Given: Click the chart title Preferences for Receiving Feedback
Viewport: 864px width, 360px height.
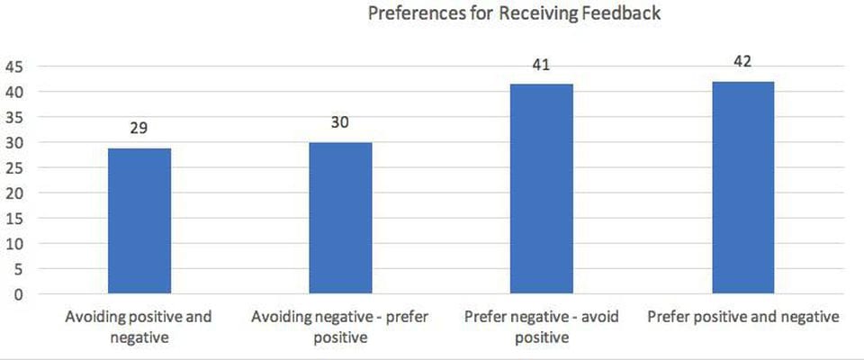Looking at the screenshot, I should click(x=514, y=14).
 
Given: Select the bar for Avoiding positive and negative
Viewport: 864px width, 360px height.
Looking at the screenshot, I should click(x=139, y=220).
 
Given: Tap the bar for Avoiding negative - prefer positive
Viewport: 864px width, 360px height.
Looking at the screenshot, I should click(x=340, y=218).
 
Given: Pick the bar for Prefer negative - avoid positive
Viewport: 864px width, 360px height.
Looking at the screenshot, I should click(x=542, y=189).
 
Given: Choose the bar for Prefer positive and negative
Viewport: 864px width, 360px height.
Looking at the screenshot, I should click(x=743, y=187).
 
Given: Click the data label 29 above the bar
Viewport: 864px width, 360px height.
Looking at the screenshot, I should click(x=139, y=128).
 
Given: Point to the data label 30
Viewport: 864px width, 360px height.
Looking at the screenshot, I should click(x=340, y=121).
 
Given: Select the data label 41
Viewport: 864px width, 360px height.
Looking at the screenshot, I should click(x=542, y=65).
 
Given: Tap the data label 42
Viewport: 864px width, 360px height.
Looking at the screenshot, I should click(x=743, y=61).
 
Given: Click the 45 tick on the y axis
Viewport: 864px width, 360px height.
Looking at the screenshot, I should click(x=17, y=67).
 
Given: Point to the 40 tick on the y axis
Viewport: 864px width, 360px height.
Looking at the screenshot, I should click(x=17, y=92).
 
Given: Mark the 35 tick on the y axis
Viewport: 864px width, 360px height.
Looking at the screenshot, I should click(x=17, y=117).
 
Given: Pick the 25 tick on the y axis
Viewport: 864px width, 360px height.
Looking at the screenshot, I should click(x=17, y=167).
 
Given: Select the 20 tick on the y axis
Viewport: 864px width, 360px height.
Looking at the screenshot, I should click(x=17, y=193).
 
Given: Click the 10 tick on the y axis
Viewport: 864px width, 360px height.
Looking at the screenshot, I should click(x=17, y=243).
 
